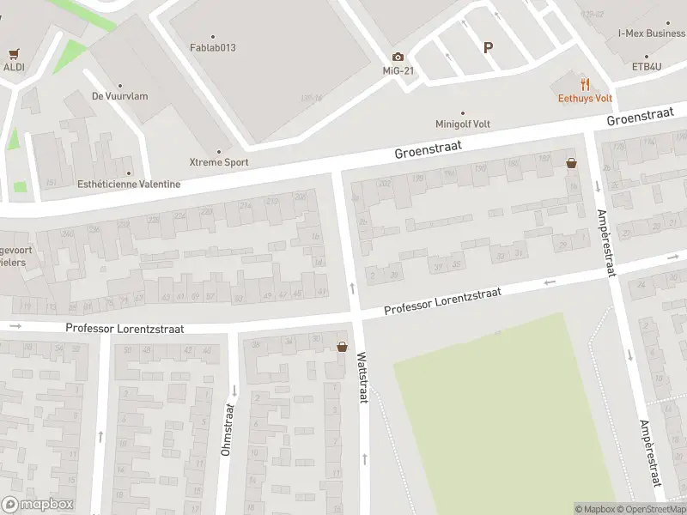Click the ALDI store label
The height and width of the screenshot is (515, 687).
tap(14, 66)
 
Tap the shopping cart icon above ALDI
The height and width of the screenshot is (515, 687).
tap(12, 53)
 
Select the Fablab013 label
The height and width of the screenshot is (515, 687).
tap(212, 47)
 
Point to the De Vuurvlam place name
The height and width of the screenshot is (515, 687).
tap(119, 96)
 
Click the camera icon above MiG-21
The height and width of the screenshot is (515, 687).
tap(398, 57)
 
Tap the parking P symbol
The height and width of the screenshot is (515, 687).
tap(488, 48)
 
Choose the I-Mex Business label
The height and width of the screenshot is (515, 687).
tap(652, 33)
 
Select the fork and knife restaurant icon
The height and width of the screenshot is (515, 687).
tap(585, 84)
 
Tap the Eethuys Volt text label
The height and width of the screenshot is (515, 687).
tap(585, 97)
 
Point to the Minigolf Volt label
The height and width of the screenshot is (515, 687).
tap(463, 124)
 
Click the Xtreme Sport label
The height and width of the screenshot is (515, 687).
tap(218, 161)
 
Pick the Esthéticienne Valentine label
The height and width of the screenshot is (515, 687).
tap(129, 184)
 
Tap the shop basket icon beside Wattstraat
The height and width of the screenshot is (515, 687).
tap(343, 347)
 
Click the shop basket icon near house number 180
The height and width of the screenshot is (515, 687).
tap(571, 162)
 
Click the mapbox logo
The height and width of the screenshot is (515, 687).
tap(37, 505)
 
